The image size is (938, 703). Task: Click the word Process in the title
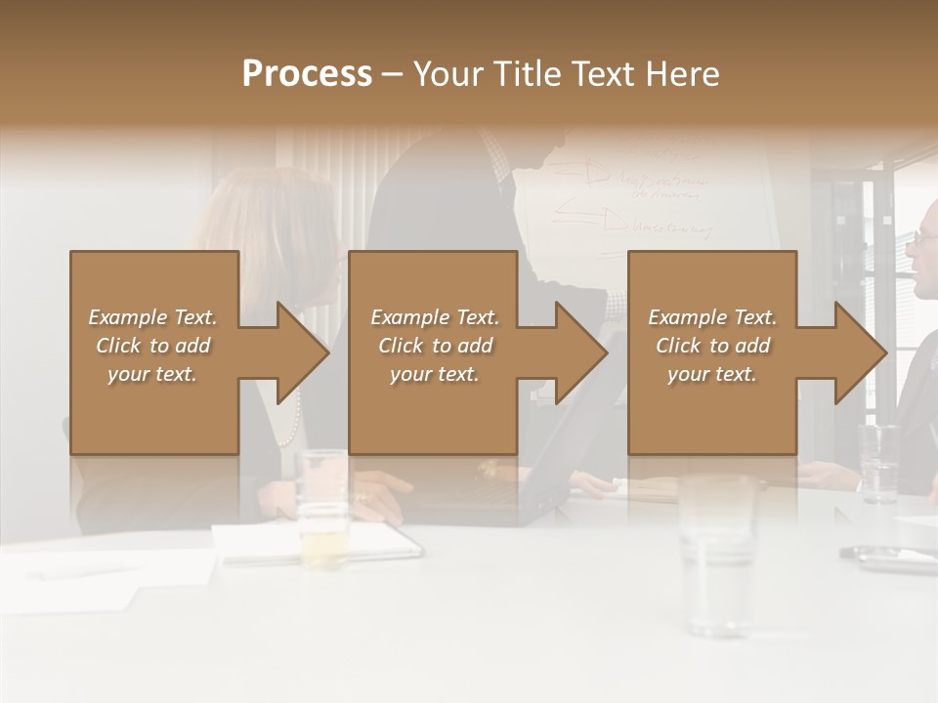(x=307, y=73)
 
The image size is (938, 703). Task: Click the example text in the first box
(x=152, y=346)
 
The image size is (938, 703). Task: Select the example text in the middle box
(x=434, y=346)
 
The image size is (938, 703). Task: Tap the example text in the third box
(x=711, y=346)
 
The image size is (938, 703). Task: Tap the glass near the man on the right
(x=878, y=463)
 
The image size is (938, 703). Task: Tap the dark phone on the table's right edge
(x=889, y=558)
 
